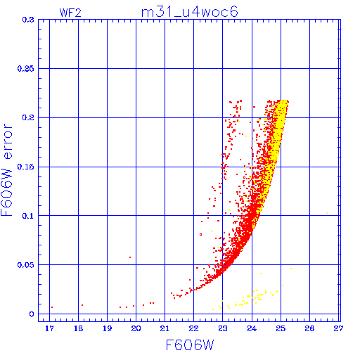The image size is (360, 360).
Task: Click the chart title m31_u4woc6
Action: coord(190,12)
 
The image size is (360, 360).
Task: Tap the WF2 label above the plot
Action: coord(70,13)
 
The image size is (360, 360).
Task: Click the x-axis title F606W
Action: coord(190,345)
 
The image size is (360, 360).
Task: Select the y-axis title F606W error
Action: coord(6,170)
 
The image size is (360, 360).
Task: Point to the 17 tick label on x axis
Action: coord(49,328)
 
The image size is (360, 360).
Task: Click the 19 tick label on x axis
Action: coord(107,328)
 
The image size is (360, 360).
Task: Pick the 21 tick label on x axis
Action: coord(165,328)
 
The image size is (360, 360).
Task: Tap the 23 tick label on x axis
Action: coord(223,328)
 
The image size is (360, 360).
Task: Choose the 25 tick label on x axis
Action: coord(281,328)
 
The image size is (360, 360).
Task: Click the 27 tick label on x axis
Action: coord(338,328)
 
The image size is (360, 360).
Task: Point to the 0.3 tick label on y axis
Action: coord(28,20)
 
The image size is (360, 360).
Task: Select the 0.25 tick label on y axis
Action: coord(25,69)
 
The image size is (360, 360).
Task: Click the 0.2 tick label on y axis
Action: coord(28,117)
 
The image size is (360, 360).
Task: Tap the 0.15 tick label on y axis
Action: coord(25,167)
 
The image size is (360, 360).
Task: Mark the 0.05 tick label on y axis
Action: coord(25,265)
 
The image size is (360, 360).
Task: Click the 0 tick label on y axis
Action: coord(32,314)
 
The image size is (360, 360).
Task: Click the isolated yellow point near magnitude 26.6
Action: coord(327,213)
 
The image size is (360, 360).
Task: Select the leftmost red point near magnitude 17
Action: coord(52,307)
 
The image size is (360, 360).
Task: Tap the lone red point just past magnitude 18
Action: coord(82,305)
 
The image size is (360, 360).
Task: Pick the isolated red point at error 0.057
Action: coord(130,257)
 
